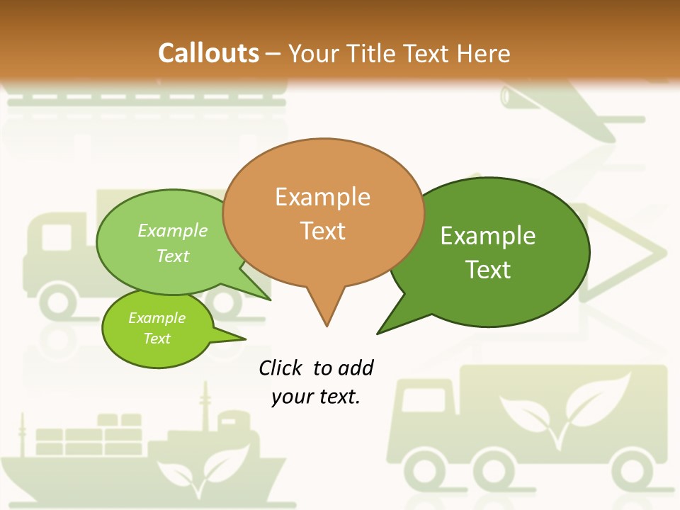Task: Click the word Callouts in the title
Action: (208, 53)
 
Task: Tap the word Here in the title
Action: (481, 53)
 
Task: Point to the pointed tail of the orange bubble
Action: (326, 315)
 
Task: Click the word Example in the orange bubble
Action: (322, 196)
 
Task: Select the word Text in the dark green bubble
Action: (488, 270)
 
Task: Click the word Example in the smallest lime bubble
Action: (157, 318)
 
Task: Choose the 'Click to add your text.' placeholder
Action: (316, 382)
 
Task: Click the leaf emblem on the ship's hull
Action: (203, 467)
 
